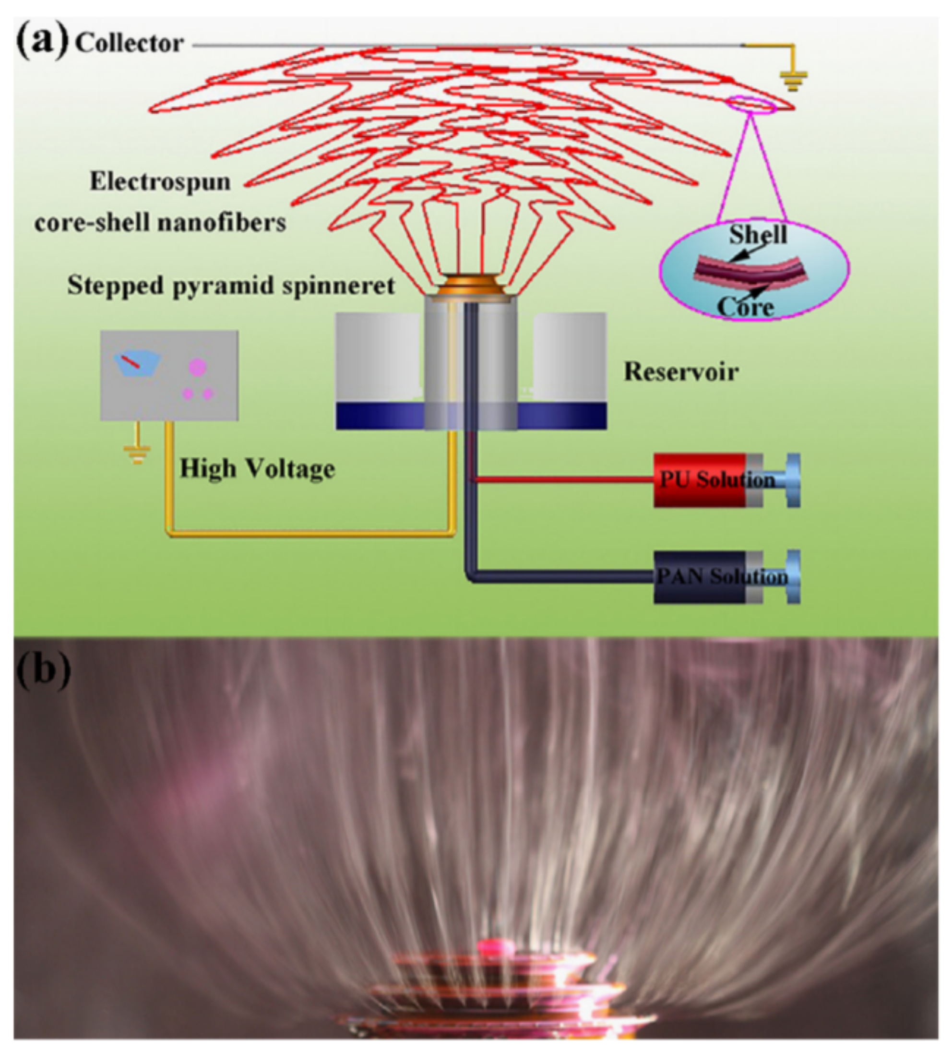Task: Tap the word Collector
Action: click(x=129, y=43)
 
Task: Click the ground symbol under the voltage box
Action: click(x=137, y=453)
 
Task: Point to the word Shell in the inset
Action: click(x=758, y=234)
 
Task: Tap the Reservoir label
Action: click(x=681, y=372)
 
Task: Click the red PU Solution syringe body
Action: click(x=699, y=479)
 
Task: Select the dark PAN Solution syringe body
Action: click(x=699, y=576)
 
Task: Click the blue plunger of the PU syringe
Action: click(x=792, y=479)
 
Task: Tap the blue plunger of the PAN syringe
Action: click(x=792, y=576)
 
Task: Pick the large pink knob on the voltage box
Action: click(x=197, y=367)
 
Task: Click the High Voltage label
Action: click(x=257, y=468)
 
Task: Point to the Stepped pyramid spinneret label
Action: click(x=231, y=286)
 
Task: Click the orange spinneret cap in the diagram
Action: click(x=471, y=286)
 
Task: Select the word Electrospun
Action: click(x=160, y=182)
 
